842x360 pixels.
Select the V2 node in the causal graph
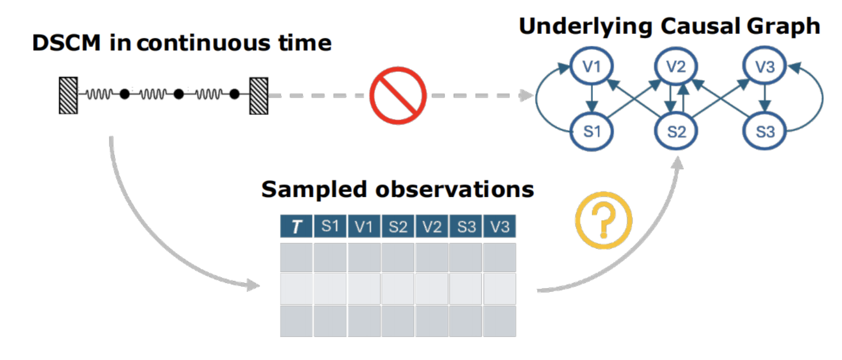[676, 68]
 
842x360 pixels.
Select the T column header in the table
[296, 226]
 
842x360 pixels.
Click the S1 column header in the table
[330, 226]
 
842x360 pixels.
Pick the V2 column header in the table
[432, 226]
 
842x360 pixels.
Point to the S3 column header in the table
[466, 226]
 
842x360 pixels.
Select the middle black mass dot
[178, 94]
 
